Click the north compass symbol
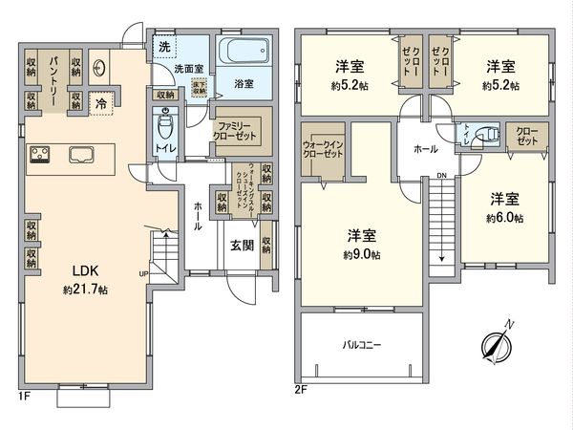point(498,345)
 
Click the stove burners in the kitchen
point(42,154)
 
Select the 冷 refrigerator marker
point(100,101)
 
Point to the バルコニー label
point(362,347)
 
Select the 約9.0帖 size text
point(362,255)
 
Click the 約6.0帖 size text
point(503,217)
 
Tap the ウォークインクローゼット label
point(326,146)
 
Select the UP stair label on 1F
point(143,274)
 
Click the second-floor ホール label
point(426,149)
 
